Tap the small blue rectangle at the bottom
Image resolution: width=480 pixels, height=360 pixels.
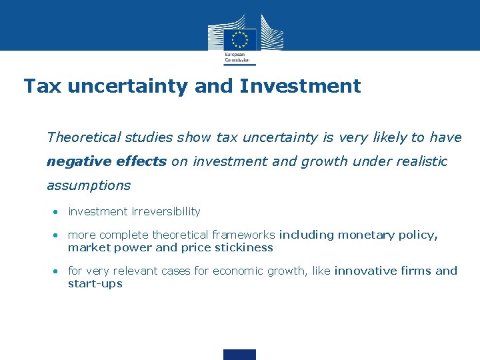tap(239, 354)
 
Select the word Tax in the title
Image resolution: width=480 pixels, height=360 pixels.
tap(43, 86)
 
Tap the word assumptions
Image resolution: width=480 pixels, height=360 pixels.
tap(89, 185)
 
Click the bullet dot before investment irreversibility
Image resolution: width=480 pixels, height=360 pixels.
tap(57, 212)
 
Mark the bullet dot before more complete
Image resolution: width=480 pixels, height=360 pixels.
tap(57, 235)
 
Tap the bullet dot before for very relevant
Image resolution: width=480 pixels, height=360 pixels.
tap(57, 271)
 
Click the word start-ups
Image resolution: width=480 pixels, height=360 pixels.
tap(95, 283)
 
